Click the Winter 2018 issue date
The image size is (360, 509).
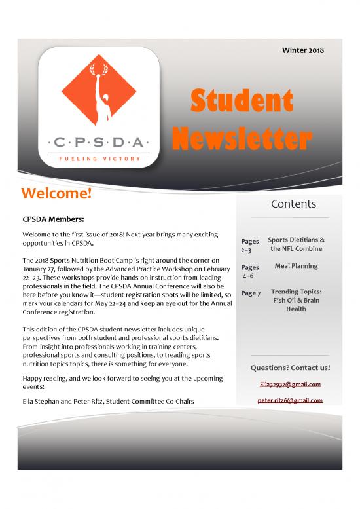pos(302,51)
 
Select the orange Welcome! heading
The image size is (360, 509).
pos(56,195)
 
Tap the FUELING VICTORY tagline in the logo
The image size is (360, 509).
pos(98,159)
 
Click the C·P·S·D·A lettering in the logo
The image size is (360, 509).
pos(98,141)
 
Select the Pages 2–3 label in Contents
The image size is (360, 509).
pos(250,245)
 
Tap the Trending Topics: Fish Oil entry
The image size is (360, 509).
pos(296,300)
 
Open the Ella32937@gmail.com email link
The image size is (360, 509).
pos(290,385)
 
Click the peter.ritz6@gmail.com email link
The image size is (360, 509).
pos(290,400)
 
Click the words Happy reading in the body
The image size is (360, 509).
pos(45,379)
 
